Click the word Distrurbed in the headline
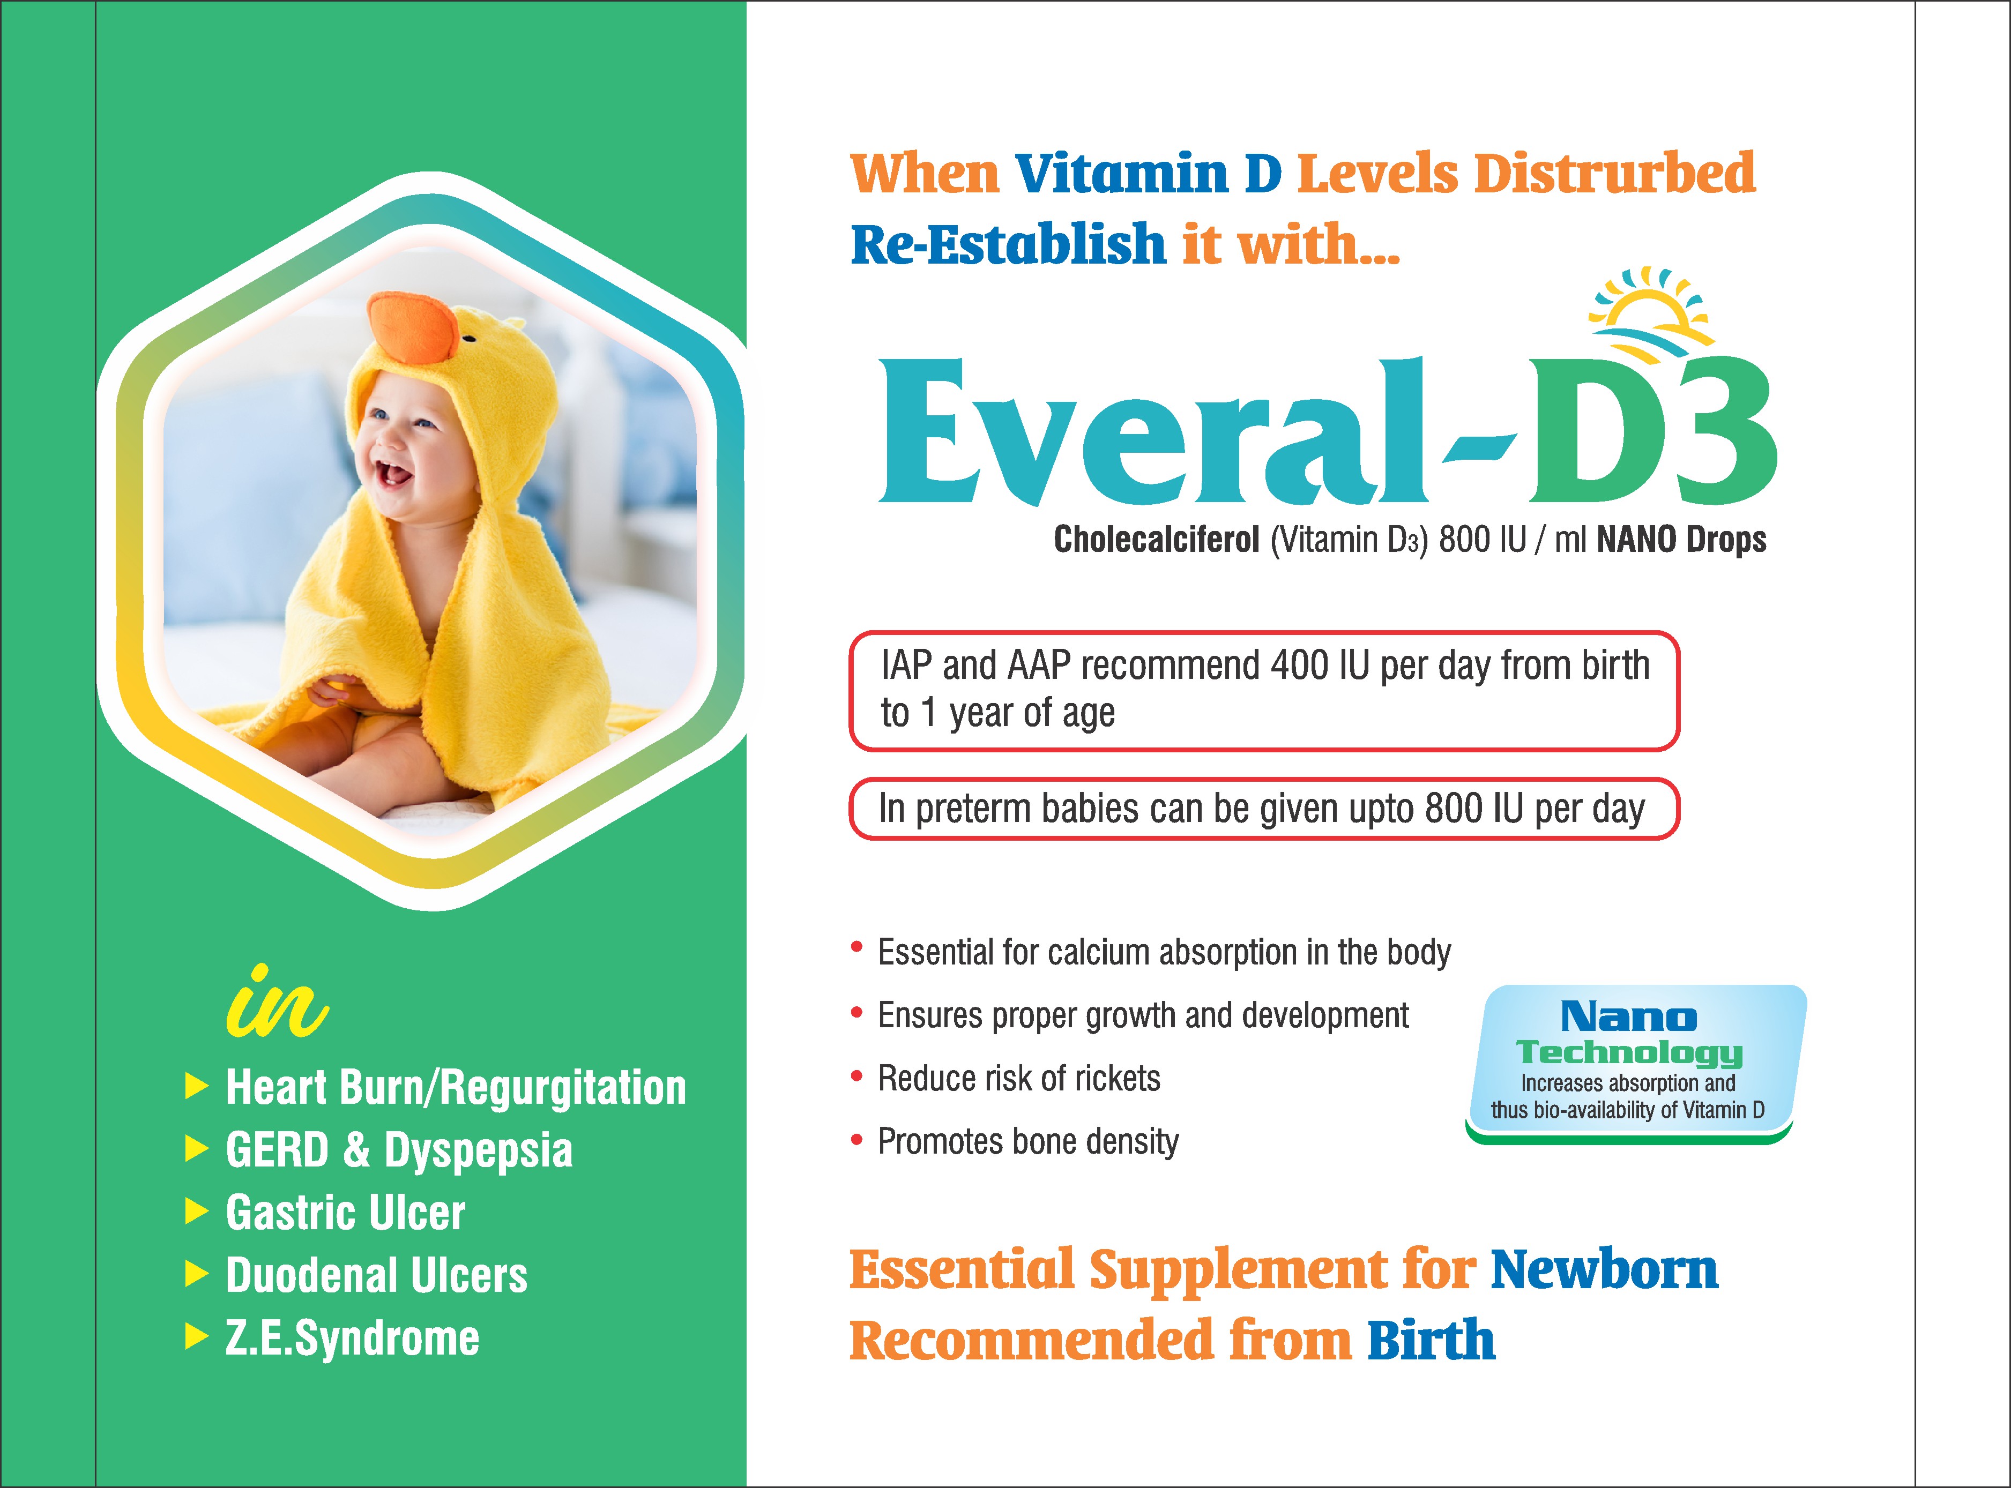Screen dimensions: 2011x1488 (x=1614, y=173)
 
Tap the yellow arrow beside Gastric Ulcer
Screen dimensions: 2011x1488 (x=196, y=1213)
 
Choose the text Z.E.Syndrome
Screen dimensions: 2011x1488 (x=352, y=1339)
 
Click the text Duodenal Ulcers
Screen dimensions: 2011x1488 (x=377, y=1275)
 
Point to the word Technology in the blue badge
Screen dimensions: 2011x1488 (x=1629, y=1052)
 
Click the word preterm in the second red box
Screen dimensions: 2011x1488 (x=974, y=810)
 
